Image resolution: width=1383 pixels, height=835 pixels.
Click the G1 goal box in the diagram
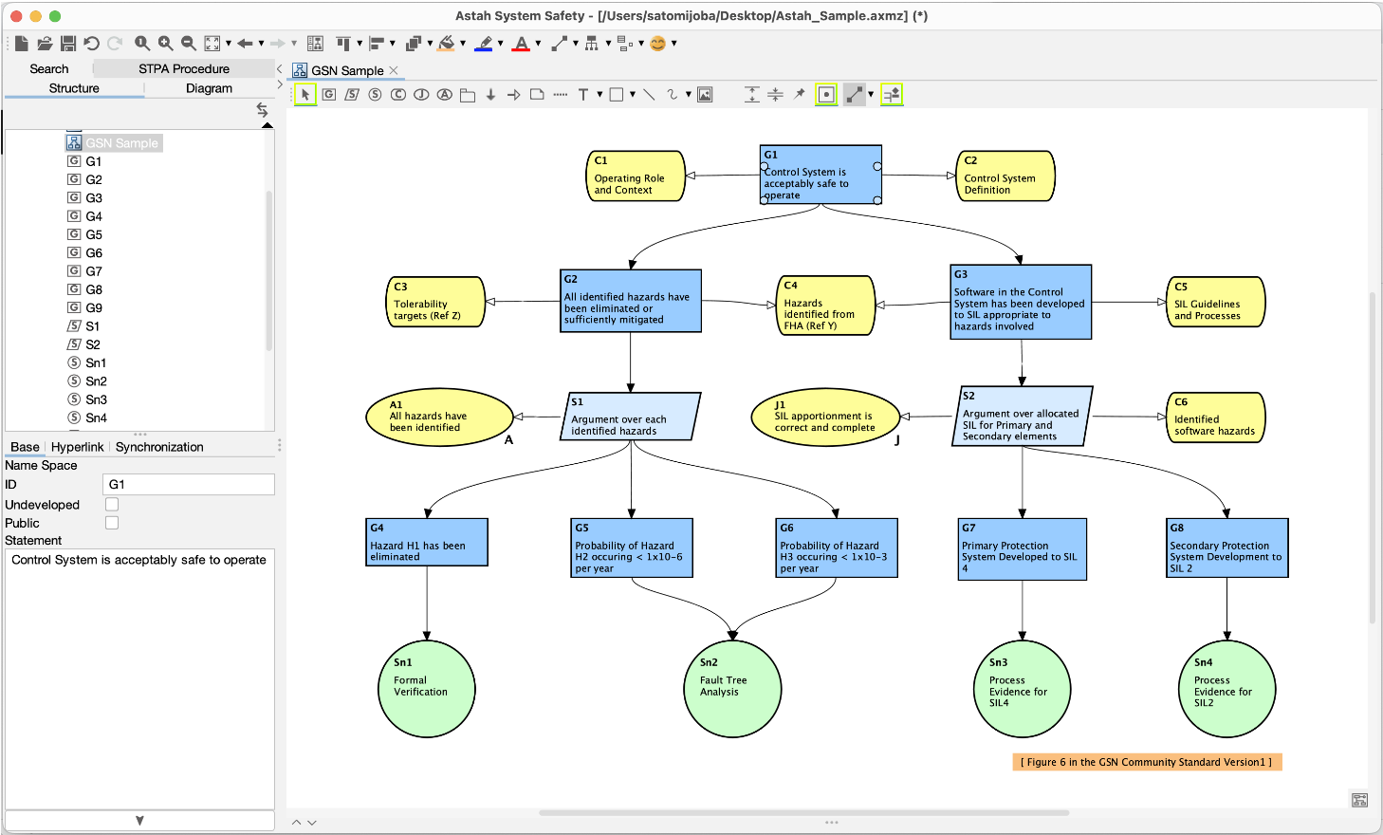(x=821, y=175)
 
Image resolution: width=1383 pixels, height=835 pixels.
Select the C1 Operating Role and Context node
(x=635, y=176)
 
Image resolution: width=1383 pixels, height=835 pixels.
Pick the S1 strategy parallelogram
(x=632, y=417)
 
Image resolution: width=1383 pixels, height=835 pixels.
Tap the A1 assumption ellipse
(x=438, y=417)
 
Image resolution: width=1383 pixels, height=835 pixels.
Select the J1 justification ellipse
(x=824, y=417)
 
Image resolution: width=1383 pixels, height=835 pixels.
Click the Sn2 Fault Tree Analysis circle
(x=732, y=689)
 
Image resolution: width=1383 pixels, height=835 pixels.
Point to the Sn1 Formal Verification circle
(x=427, y=689)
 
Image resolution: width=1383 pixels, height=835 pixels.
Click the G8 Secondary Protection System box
(x=1226, y=548)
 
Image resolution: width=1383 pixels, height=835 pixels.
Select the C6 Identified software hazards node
(x=1215, y=417)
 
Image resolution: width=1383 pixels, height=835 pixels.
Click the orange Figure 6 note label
(x=1147, y=762)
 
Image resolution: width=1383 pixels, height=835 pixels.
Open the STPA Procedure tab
(x=184, y=68)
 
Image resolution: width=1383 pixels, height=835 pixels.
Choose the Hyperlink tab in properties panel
(x=77, y=447)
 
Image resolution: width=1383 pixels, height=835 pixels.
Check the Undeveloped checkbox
(x=112, y=505)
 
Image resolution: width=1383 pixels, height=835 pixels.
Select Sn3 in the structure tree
(x=96, y=399)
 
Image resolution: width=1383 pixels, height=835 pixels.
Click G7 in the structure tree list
(x=94, y=271)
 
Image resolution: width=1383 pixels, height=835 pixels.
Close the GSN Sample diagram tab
(x=394, y=70)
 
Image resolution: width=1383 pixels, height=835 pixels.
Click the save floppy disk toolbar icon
(x=68, y=44)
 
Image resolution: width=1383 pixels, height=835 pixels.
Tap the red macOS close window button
(x=16, y=16)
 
